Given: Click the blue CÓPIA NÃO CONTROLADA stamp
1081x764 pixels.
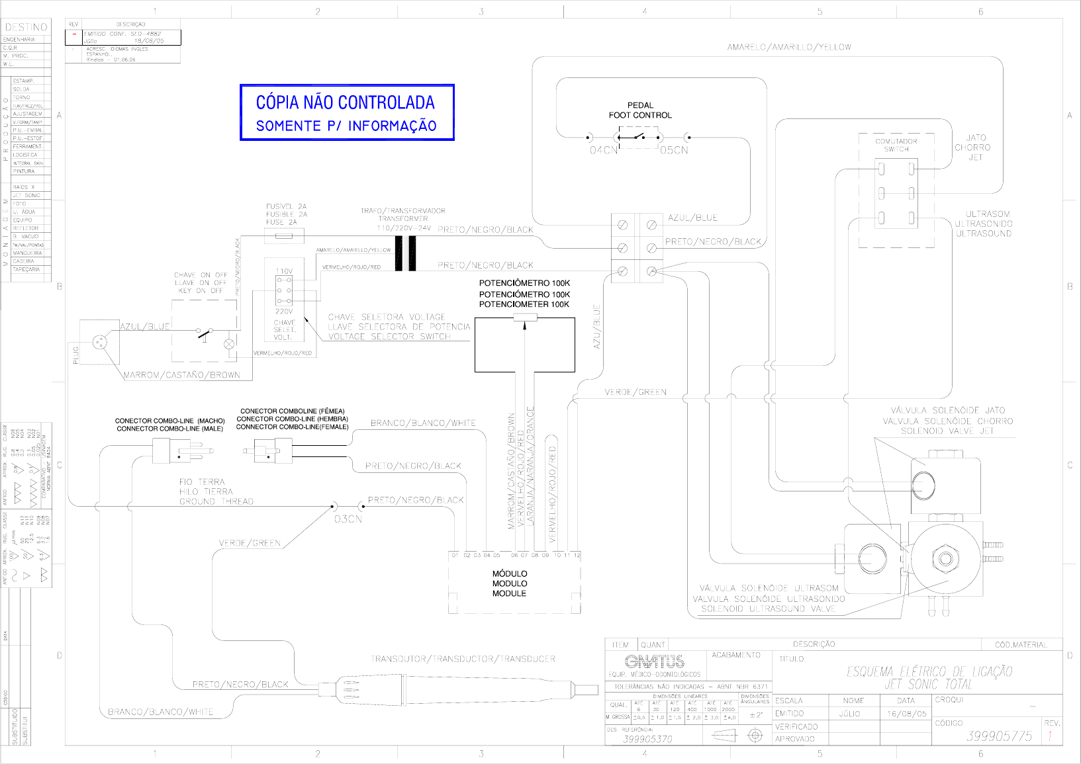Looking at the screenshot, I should (346, 112).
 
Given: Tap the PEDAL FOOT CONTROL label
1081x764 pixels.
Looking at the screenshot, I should (640, 110).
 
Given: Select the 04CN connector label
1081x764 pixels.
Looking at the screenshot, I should (602, 150).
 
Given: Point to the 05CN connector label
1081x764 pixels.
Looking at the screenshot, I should (674, 150).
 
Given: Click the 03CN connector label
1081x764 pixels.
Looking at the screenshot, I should (348, 519).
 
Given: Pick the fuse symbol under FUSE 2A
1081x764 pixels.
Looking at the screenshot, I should (285, 235).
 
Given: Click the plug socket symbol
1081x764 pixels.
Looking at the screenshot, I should (100, 342).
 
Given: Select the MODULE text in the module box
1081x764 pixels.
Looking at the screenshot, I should (509, 593).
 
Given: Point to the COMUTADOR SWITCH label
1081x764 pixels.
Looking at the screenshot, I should (896, 145).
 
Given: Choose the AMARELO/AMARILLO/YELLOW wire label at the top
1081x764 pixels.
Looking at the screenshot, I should (789, 47).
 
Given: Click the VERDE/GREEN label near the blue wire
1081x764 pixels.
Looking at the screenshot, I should (635, 392).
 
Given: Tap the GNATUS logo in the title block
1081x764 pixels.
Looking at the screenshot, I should (654, 661).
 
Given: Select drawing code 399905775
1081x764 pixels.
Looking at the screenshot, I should (999, 736).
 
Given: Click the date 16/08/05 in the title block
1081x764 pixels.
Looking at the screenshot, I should (906, 714).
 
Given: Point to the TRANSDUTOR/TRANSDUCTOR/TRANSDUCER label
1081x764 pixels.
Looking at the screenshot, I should (463, 659).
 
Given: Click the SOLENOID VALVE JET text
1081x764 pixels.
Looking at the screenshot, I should (947, 431).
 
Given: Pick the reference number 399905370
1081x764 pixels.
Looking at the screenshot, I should (647, 739).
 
